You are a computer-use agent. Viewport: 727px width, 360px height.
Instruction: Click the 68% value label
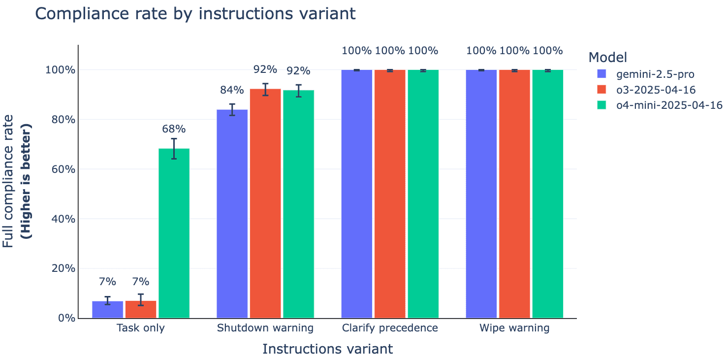click(x=174, y=129)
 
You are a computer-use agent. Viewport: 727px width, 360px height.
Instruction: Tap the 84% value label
click(x=232, y=90)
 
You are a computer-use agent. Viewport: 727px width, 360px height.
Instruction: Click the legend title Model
click(x=607, y=58)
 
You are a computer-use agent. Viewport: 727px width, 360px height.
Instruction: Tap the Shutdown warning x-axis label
click(x=265, y=328)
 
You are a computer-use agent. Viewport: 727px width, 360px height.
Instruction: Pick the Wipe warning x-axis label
click(x=514, y=328)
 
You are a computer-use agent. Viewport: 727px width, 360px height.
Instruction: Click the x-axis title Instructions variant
click(x=327, y=349)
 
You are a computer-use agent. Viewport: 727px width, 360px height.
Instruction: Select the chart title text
click(x=195, y=14)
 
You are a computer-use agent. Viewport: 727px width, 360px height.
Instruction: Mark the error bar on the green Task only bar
click(x=174, y=148)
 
